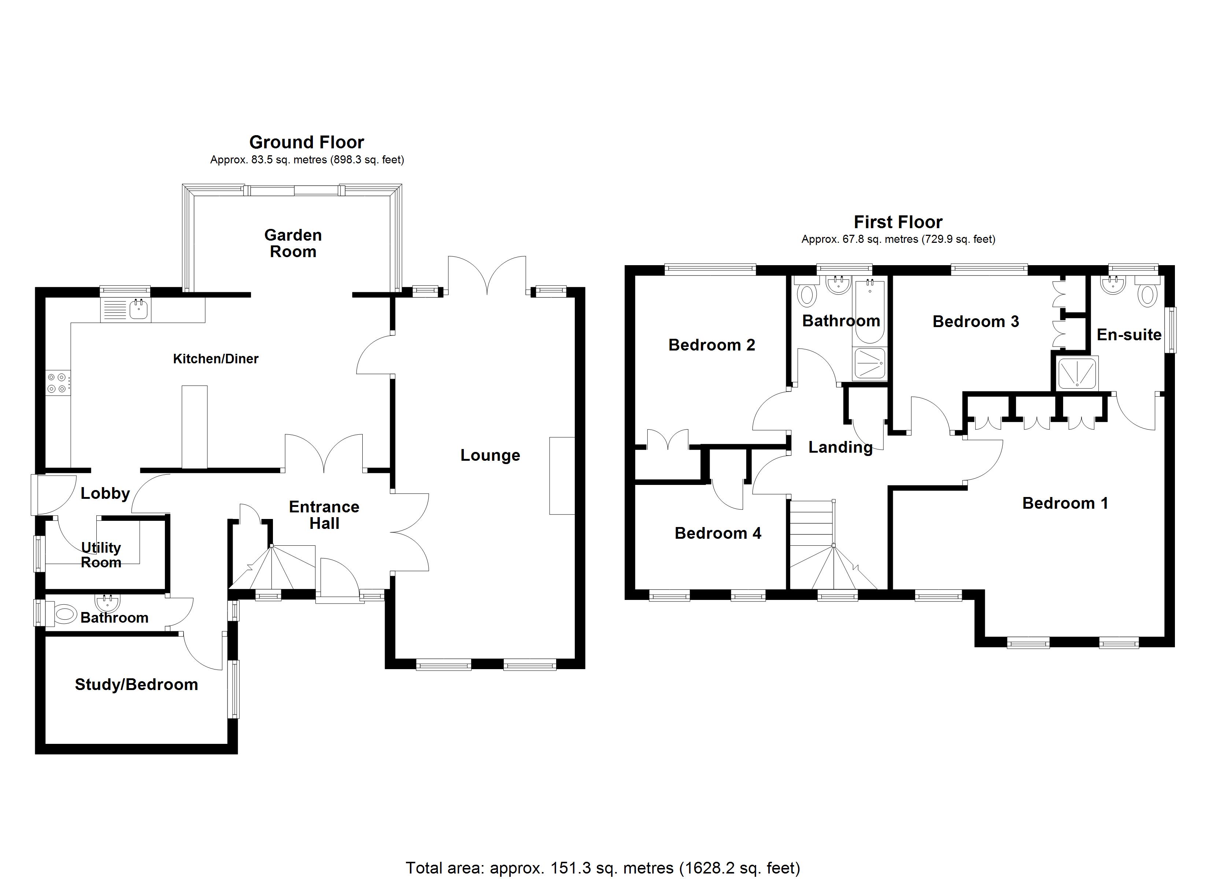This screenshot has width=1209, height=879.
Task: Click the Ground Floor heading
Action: (307, 142)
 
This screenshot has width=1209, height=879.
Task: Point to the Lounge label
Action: (490, 455)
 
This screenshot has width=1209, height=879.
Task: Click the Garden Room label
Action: (293, 243)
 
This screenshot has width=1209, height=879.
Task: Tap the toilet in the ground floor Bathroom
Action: (64, 614)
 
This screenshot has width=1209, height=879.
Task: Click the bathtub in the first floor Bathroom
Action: (869, 311)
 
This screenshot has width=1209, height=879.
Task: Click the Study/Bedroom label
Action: (136, 685)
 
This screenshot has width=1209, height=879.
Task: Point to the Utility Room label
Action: (101, 555)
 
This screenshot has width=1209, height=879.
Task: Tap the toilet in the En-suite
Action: (1147, 294)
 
